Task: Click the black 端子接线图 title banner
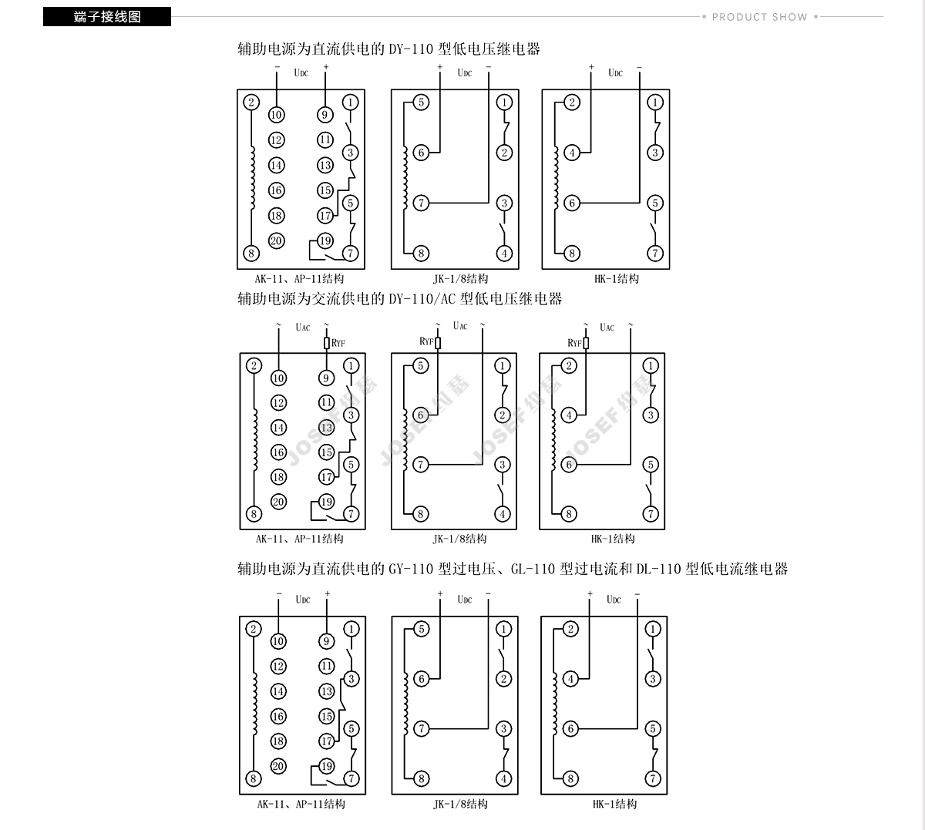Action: [107, 17]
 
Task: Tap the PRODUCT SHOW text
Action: [760, 18]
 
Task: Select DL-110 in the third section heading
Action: [658, 569]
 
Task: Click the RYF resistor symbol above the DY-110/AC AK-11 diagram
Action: [326, 343]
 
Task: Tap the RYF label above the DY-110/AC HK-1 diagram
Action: [574, 343]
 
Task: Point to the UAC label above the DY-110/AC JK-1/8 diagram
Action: [460, 326]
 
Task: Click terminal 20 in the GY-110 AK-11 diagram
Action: [278, 765]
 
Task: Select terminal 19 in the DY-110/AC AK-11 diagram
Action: [326, 502]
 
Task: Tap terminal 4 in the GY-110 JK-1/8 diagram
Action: [503, 778]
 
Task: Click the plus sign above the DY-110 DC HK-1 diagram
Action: [591, 67]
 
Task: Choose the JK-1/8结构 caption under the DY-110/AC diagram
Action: [459, 539]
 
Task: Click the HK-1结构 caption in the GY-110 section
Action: [614, 804]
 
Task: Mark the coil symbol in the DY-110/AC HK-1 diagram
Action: [553, 440]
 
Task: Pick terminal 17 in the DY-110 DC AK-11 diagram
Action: [325, 216]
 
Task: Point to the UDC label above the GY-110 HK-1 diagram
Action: [614, 600]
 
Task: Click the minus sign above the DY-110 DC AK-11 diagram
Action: [277, 67]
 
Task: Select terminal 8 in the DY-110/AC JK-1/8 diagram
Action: [421, 514]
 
